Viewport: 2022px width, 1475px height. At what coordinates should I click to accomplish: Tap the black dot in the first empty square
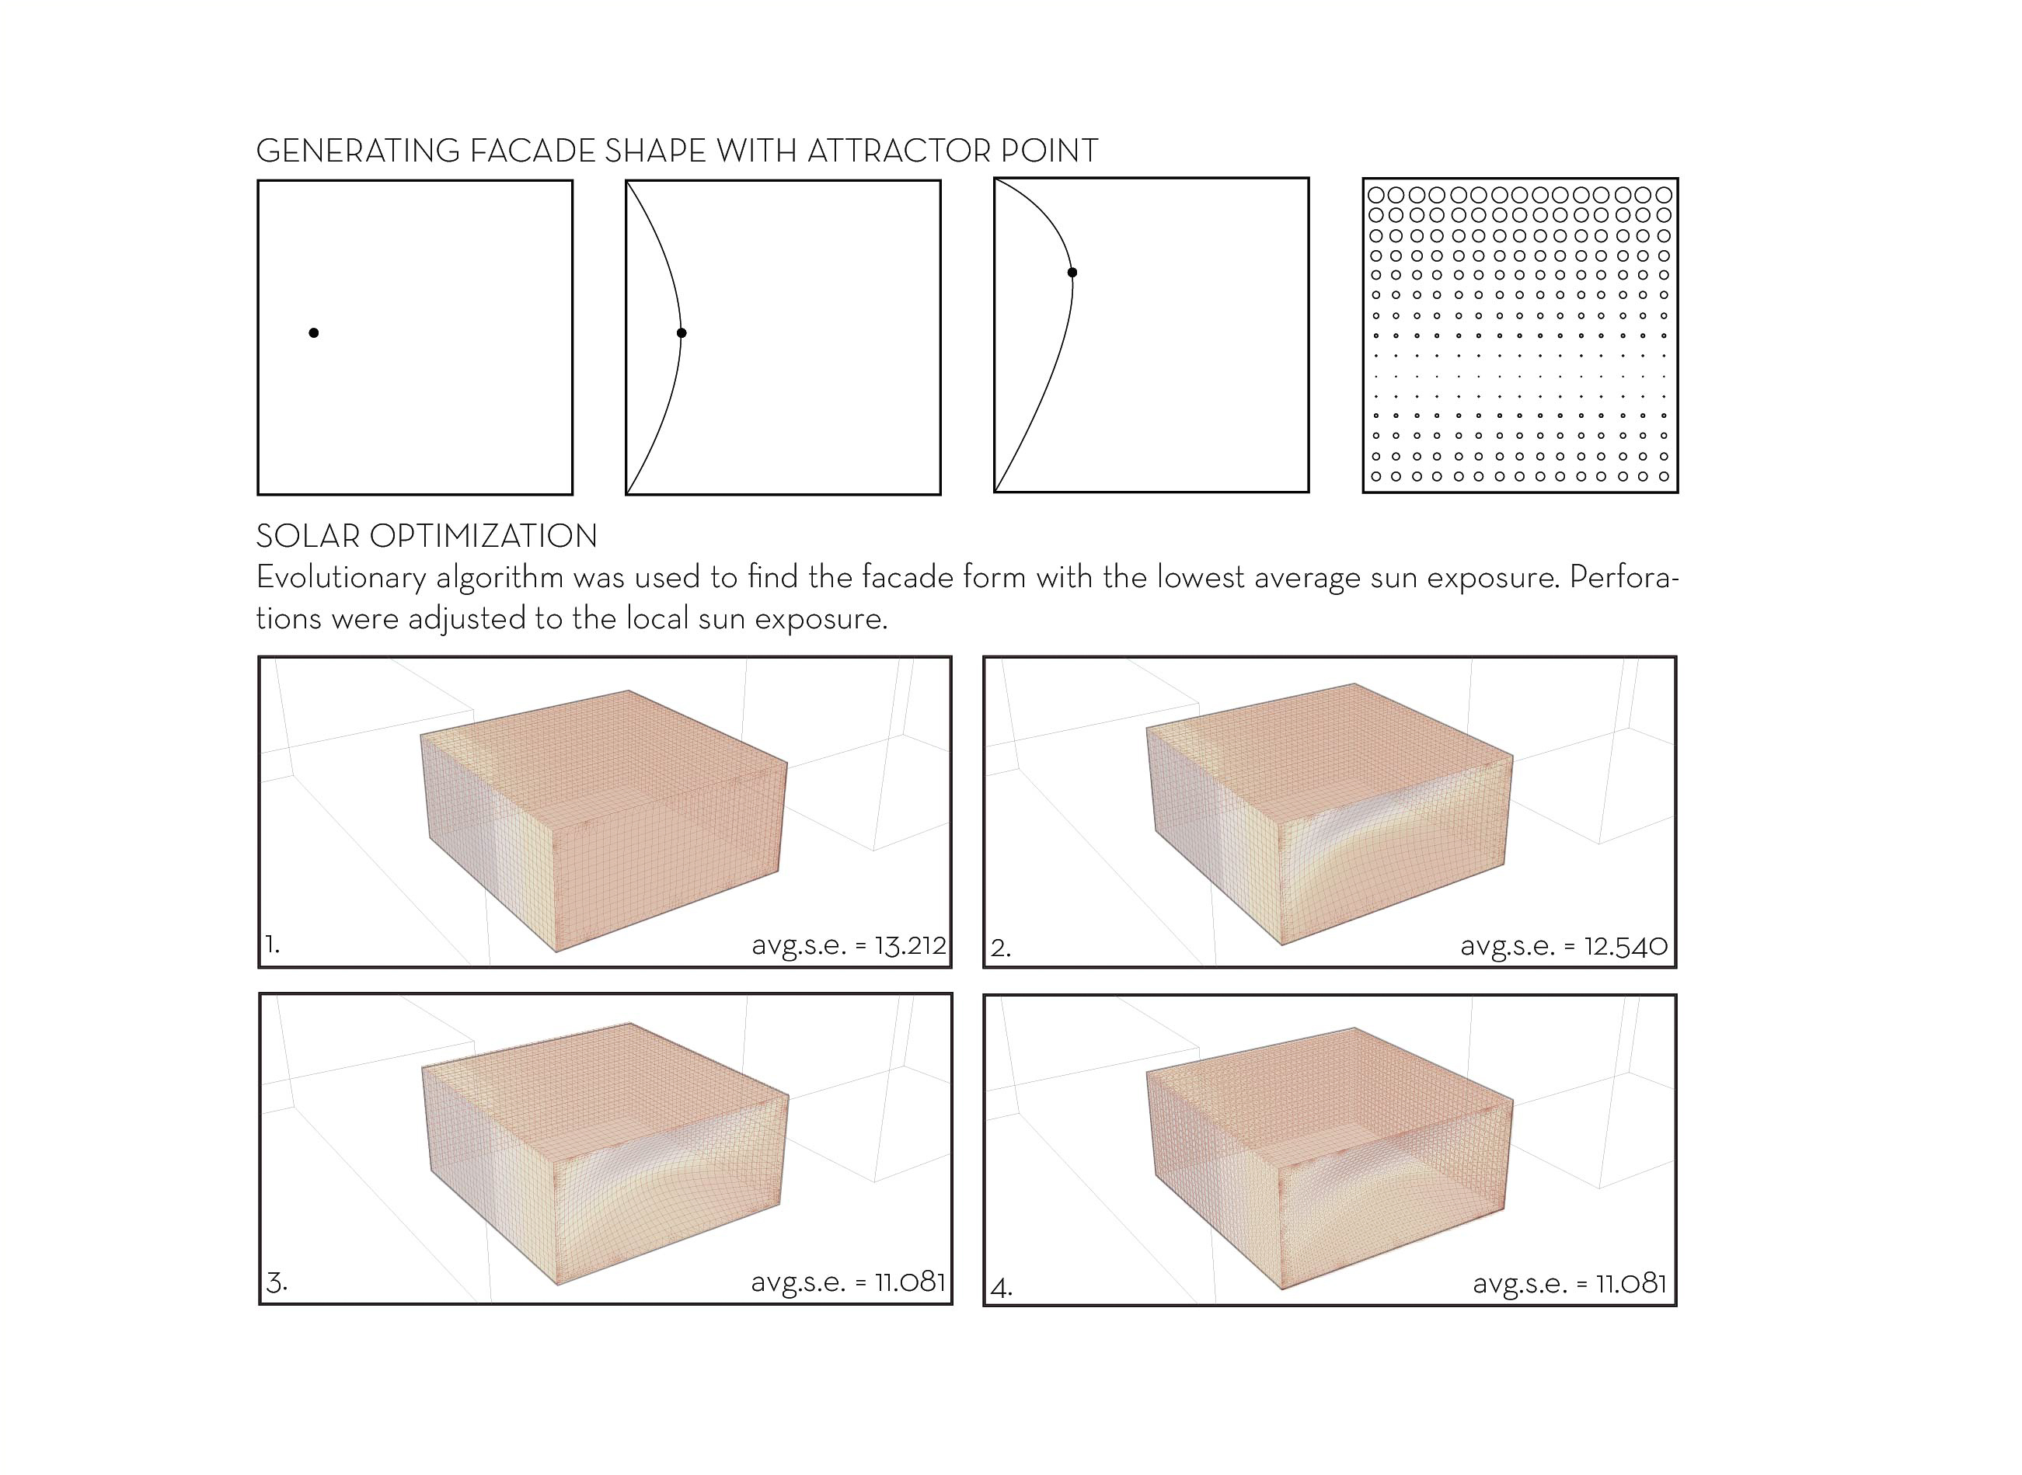[313, 333]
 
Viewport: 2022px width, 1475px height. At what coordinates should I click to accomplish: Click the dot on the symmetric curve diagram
[682, 333]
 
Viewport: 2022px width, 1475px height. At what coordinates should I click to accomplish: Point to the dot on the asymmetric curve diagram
[1072, 273]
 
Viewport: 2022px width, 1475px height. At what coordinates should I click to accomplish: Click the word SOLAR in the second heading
[309, 537]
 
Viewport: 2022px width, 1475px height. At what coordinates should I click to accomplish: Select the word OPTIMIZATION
[483, 537]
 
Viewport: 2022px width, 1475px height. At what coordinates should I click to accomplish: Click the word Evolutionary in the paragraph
[341, 579]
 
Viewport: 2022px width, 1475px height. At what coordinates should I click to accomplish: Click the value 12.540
[1626, 946]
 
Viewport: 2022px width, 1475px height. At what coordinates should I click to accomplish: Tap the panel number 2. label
[1001, 948]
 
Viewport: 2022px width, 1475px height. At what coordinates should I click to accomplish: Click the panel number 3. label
[277, 1283]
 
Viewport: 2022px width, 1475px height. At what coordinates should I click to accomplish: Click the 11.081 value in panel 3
[910, 1282]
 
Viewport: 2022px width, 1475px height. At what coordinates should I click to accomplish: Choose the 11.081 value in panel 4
[1632, 1284]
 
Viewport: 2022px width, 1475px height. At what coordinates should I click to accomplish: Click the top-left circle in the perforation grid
[1376, 195]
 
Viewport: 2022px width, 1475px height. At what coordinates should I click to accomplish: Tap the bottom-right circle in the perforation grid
[1664, 477]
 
